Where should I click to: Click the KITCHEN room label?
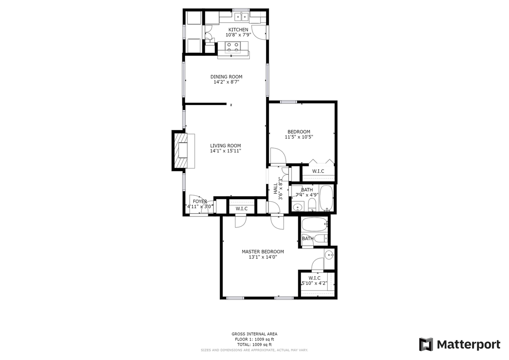(238, 30)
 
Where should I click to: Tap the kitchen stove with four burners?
(233, 47)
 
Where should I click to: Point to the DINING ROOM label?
(226, 77)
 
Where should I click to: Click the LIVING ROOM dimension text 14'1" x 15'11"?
(226, 151)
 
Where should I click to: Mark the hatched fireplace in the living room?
(183, 151)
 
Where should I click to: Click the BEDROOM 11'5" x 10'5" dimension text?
(299, 137)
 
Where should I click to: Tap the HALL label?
(275, 189)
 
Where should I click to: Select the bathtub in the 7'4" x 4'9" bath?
(326, 198)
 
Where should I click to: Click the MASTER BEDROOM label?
(263, 251)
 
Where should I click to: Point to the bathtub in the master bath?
(314, 224)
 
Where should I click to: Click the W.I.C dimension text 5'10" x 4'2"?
(314, 283)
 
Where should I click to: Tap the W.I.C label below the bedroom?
(318, 171)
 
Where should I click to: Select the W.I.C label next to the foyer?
(242, 208)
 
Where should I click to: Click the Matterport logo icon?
(426, 344)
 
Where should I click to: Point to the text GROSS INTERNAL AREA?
(254, 334)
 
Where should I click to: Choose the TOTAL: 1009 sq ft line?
(254, 344)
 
